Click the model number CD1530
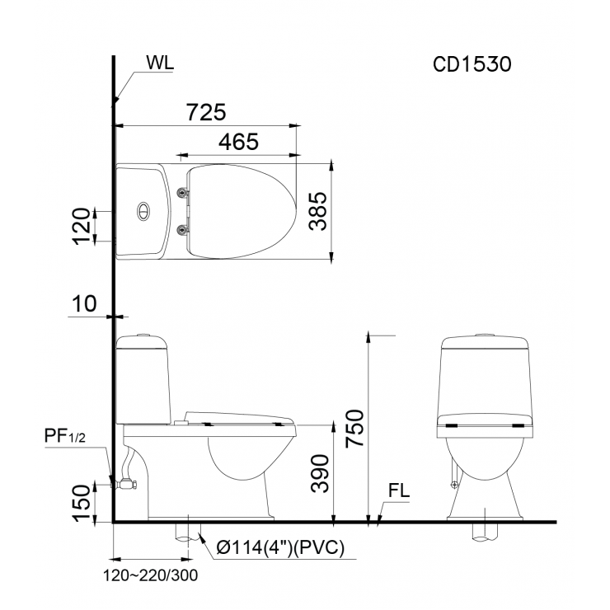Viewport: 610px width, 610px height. click(x=473, y=65)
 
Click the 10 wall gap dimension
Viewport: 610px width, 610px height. click(x=84, y=303)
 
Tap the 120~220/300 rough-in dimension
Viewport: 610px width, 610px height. click(x=151, y=575)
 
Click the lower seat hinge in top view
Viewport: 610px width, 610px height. click(x=182, y=228)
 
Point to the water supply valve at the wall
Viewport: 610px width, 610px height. click(x=125, y=485)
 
